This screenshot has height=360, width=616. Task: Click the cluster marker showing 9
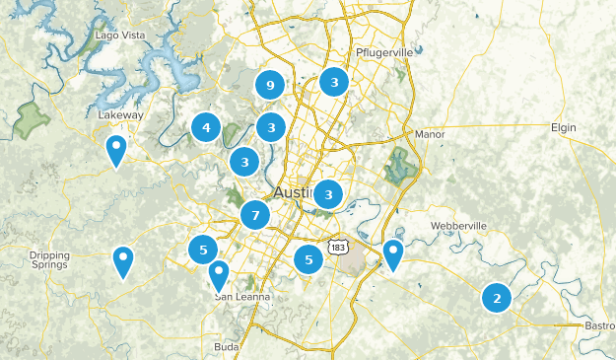pyautogui.click(x=270, y=85)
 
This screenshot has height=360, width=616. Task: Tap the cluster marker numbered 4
pyautogui.click(x=206, y=127)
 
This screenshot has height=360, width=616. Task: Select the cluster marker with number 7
pyautogui.click(x=255, y=215)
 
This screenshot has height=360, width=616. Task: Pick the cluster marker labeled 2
pyautogui.click(x=497, y=298)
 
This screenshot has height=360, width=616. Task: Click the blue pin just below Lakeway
pyautogui.click(x=116, y=151)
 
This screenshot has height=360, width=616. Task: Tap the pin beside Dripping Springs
pyautogui.click(x=123, y=261)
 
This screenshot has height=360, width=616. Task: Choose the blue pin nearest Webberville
pyautogui.click(x=393, y=253)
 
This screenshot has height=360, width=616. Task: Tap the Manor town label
pyautogui.click(x=431, y=134)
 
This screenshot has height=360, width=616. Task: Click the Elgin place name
pyautogui.click(x=563, y=127)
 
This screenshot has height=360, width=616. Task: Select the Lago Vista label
pyautogui.click(x=119, y=36)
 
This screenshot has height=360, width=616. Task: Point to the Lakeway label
pyautogui.click(x=121, y=115)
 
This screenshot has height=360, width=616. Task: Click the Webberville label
pyautogui.click(x=458, y=226)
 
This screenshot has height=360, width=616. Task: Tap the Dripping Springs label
pyautogui.click(x=49, y=260)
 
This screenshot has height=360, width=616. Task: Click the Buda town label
pyautogui.click(x=225, y=347)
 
